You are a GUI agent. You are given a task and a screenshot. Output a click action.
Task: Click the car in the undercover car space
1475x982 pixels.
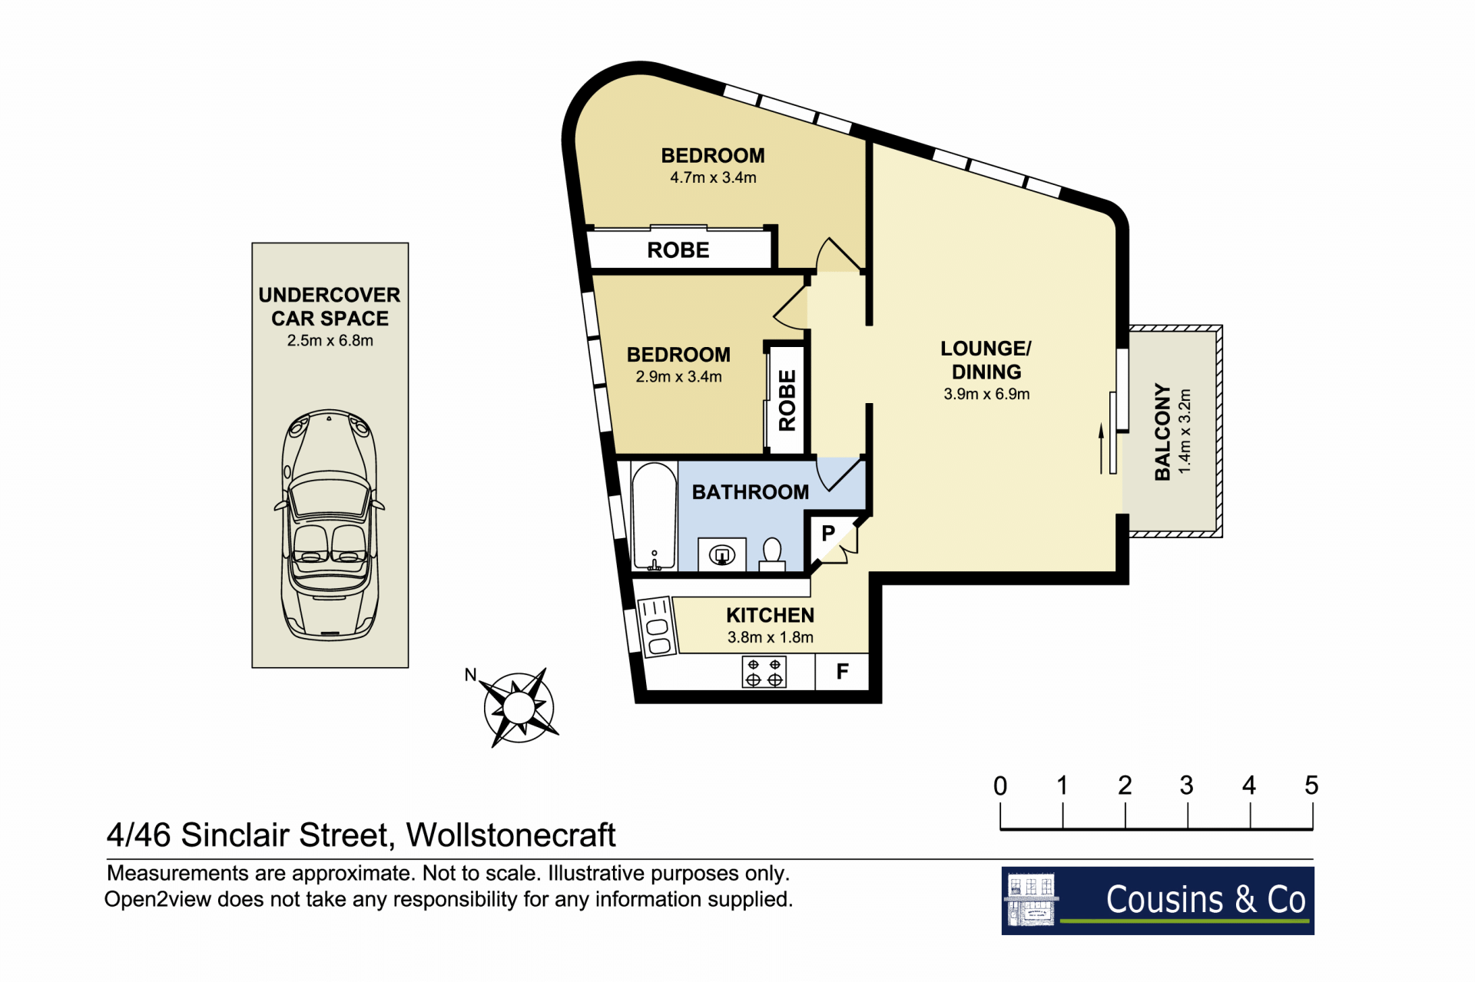pyautogui.click(x=330, y=525)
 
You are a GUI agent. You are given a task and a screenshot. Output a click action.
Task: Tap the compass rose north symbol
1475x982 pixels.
pyautogui.click(x=519, y=706)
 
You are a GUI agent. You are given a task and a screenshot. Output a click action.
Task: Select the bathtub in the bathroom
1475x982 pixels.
pyautogui.click(x=654, y=516)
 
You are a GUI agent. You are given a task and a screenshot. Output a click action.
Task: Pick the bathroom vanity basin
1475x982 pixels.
pyautogui.click(x=722, y=554)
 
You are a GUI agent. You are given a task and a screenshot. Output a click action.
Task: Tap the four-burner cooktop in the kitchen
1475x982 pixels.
pyautogui.click(x=764, y=673)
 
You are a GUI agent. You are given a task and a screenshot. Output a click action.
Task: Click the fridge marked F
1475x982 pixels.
pyautogui.click(x=842, y=672)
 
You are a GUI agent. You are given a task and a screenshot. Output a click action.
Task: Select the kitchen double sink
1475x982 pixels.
pyautogui.click(x=658, y=627)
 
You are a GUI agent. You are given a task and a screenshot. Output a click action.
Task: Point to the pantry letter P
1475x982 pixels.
pyautogui.click(x=828, y=533)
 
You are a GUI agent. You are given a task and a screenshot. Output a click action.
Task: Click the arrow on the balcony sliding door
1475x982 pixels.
pyautogui.click(x=1101, y=448)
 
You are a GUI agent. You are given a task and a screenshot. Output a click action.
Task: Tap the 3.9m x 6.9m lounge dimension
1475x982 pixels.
pyautogui.click(x=986, y=394)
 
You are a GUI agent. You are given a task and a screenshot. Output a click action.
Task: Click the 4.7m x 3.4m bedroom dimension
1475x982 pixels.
pyautogui.click(x=713, y=177)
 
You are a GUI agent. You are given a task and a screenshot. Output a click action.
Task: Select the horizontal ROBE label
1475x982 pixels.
pyautogui.click(x=678, y=250)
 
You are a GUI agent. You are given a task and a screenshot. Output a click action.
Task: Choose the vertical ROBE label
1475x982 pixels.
pyautogui.click(x=787, y=400)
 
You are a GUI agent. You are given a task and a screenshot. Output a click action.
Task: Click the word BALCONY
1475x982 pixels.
pyautogui.click(x=1162, y=432)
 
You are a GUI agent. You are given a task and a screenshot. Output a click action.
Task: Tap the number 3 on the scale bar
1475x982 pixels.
pyautogui.click(x=1187, y=785)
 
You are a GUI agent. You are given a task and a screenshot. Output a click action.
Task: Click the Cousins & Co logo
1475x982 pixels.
pyautogui.click(x=1158, y=901)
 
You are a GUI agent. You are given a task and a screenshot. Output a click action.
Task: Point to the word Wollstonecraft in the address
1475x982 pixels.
pyautogui.click(x=511, y=835)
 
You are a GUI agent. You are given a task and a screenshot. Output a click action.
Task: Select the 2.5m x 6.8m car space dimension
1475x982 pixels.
pyautogui.click(x=330, y=340)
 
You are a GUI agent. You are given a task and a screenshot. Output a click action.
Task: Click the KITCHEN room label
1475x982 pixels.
pyautogui.click(x=771, y=616)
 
